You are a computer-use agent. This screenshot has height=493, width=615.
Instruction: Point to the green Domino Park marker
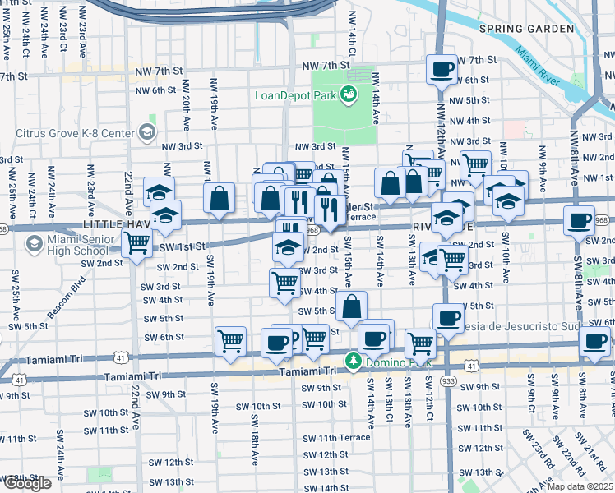pyautogui.click(x=354, y=361)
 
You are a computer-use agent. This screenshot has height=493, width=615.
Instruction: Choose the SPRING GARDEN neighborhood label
pyautogui.click(x=525, y=29)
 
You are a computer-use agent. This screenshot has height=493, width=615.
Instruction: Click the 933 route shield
pyautogui.click(x=448, y=381)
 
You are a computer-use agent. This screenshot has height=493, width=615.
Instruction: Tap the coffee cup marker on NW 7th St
pyautogui.click(x=442, y=69)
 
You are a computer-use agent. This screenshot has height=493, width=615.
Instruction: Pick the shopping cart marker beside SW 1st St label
pyautogui.click(x=136, y=242)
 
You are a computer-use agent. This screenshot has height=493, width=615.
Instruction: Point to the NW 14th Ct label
pyautogui.click(x=352, y=33)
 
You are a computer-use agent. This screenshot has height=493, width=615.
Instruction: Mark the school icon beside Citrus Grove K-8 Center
pyautogui.click(x=146, y=132)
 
